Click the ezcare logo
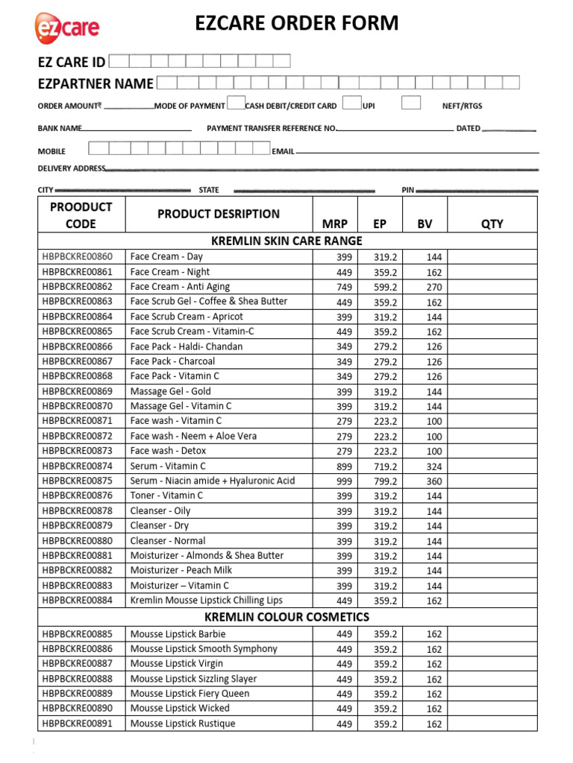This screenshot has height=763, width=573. (x=66, y=28)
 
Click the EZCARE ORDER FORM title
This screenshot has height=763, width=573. (x=297, y=24)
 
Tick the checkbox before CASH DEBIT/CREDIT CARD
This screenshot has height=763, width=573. (x=236, y=103)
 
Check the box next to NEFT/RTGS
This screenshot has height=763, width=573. (x=411, y=103)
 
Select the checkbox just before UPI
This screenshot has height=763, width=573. (x=353, y=103)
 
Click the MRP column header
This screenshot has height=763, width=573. (x=335, y=224)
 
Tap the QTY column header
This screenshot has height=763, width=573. (x=492, y=224)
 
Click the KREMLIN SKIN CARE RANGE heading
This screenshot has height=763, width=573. (x=287, y=241)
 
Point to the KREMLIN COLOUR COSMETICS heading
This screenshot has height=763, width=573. (x=287, y=617)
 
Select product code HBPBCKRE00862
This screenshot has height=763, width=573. (x=78, y=287)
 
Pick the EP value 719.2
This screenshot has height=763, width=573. (x=386, y=466)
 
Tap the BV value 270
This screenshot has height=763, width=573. (x=434, y=287)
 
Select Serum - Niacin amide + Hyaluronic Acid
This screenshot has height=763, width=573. (x=213, y=481)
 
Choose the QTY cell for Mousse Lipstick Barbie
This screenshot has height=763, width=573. (x=492, y=634)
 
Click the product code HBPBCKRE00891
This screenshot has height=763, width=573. (x=78, y=724)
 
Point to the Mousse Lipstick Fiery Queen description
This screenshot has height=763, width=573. (x=190, y=694)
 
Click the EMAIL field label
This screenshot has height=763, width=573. (x=284, y=151)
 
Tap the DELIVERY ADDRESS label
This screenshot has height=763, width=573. (x=72, y=168)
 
